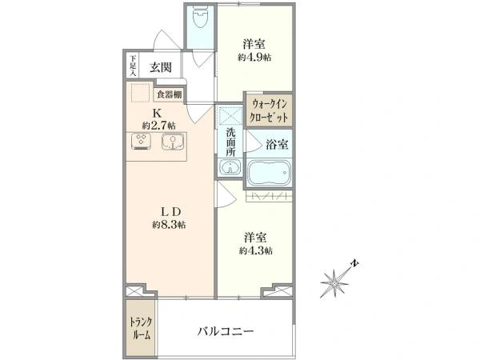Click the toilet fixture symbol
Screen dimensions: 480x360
pyautogui.click(x=201, y=16)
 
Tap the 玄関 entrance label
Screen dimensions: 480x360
pyautogui.click(x=161, y=67)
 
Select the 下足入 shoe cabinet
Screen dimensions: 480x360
pyautogui.click(x=133, y=66)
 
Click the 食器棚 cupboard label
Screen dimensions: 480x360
pyautogui.click(x=170, y=94)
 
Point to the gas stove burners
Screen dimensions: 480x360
pyautogui.click(x=141, y=142)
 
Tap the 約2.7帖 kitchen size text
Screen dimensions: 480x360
pyautogui.click(x=158, y=126)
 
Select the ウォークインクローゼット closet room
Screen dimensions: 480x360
pyautogui.click(x=269, y=110)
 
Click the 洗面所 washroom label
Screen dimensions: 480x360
pyautogui.click(x=230, y=142)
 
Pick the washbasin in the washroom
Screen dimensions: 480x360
pyautogui.click(x=230, y=167)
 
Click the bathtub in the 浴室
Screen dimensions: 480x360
pyautogui.click(x=269, y=174)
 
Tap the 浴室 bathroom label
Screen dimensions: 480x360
pyautogui.click(x=277, y=144)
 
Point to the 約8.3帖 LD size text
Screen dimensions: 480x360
pyautogui.click(x=169, y=226)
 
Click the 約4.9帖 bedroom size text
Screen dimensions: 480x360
pyautogui.click(x=254, y=58)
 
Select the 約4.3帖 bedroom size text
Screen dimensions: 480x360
pyautogui.click(x=256, y=250)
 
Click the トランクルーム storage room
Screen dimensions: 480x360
pyautogui.click(x=141, y=329)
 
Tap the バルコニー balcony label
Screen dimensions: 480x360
pyautogui.click(x=226, y=331)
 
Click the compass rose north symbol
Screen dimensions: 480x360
pyautogui.click(x=334, y=283)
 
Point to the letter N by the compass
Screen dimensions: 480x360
pyautogui.click(x=354, y=263)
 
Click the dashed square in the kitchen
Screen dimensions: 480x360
pyautogui.click(x=141, y=93)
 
